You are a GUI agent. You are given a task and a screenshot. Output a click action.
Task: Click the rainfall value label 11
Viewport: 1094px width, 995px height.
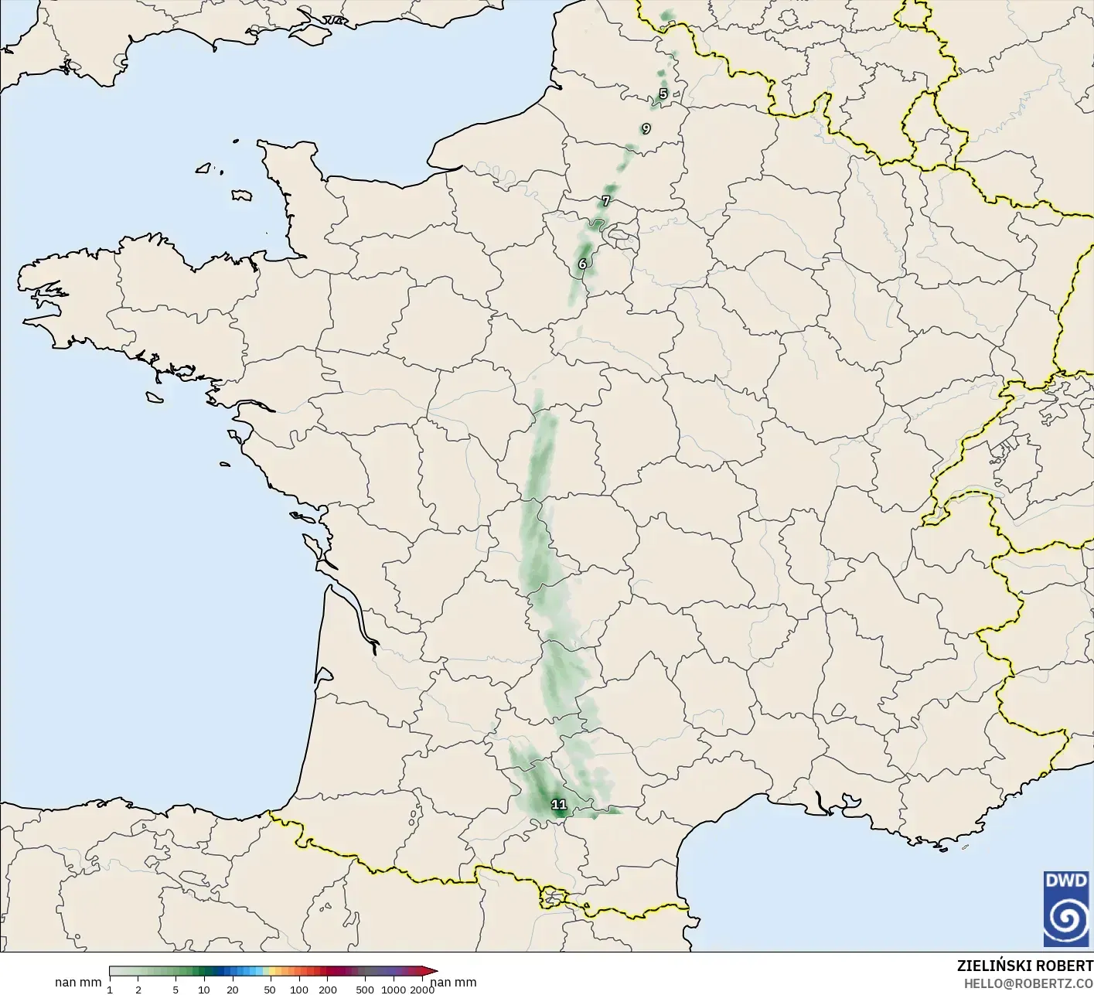coord(558,805)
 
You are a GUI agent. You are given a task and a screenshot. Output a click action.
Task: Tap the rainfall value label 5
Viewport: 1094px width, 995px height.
coord(663,94)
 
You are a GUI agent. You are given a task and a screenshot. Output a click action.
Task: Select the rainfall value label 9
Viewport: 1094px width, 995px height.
coord(646,129)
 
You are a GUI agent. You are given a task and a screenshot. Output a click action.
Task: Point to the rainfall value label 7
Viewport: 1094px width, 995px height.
coord(605,201)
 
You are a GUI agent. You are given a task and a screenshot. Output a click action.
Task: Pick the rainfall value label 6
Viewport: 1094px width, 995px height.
coord(582,264)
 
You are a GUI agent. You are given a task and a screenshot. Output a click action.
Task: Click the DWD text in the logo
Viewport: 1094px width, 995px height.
coord(1065,881)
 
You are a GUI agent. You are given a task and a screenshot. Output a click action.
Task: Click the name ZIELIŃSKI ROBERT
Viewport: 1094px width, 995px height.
coord(1024,966)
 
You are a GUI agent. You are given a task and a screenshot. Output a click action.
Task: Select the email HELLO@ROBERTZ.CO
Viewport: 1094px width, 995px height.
coord(1028,983)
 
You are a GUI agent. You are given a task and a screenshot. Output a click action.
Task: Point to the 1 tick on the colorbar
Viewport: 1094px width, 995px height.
coord(110,990)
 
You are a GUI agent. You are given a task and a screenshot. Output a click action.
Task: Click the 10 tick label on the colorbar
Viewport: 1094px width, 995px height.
coord(204,990)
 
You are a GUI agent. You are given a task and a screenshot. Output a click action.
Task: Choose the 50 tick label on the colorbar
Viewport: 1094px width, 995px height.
coord(269,990)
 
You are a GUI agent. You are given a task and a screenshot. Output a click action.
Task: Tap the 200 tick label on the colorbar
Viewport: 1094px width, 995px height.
coord(328,990)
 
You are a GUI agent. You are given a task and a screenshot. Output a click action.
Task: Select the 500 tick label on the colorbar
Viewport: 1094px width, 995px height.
coord(365,990)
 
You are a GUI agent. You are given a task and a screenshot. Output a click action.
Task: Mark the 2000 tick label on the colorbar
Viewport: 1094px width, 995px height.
coord(421,990)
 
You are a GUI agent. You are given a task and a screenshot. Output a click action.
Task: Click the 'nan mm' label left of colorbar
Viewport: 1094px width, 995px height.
coord(78,983)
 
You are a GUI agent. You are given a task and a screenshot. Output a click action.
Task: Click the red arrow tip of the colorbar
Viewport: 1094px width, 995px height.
coord(433,971)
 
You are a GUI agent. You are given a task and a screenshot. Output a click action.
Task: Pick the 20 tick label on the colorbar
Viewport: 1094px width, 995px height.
coord(232,990)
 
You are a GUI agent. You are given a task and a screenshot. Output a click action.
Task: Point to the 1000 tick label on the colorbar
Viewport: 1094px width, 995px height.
coord(393,990)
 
